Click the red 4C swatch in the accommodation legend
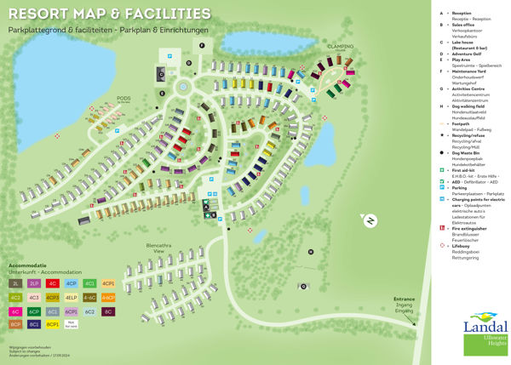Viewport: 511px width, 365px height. (x=53, y=282)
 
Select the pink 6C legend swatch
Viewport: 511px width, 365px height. (x=16, y=311)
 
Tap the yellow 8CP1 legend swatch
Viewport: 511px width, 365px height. (x=53, y=324)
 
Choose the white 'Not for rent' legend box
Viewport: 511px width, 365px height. (x=72, y=324)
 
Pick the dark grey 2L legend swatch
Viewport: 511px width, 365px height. (x=16, y=282)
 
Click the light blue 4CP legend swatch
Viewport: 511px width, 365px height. (x=72, y=282)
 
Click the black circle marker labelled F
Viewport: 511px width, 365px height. (x=202, y=44)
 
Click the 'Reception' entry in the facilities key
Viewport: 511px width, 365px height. (x=462, y=14)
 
